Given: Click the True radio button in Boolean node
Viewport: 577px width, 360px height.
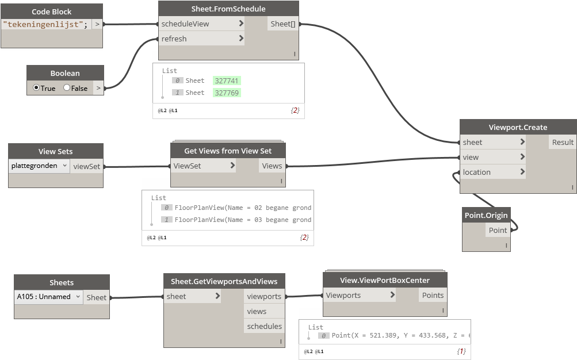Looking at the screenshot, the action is point(36,88).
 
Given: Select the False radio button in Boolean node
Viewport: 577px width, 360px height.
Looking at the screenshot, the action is point(67,88).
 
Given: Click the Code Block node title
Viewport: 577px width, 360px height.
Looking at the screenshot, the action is point(52,12).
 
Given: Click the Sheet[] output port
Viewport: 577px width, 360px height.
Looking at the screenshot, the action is point(283,24).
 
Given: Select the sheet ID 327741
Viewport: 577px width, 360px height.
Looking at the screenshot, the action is point(227,81).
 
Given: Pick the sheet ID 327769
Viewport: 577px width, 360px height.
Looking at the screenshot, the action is point(227,93).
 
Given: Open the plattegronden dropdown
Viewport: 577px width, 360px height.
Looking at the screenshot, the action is point(39,166).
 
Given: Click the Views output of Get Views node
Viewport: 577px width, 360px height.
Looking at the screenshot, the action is point(272,166).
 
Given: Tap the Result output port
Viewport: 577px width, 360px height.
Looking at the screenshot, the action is point(562,142).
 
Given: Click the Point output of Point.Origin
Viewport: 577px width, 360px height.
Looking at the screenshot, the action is point(498,230).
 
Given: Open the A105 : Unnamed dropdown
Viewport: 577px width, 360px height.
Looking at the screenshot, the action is point(48,297).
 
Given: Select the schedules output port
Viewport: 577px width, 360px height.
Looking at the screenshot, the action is point(264,326).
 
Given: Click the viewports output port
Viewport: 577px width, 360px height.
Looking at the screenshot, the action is point(264,296).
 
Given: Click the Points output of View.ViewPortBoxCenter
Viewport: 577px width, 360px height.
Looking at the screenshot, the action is point(433,295).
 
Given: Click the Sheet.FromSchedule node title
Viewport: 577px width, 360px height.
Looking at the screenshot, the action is point(228,9).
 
